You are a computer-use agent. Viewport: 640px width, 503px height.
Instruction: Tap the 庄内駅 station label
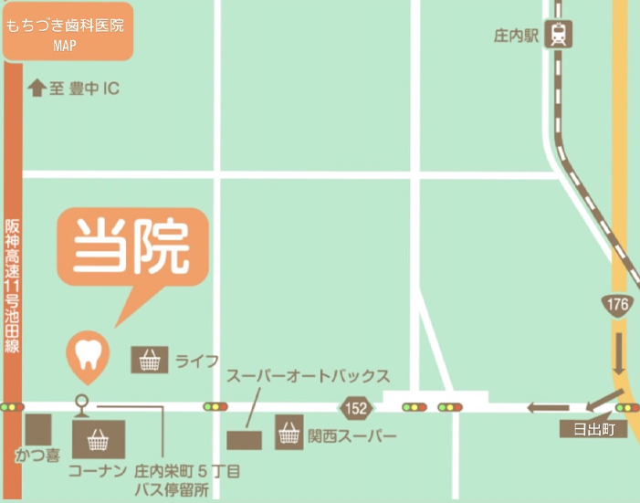pos(517,37)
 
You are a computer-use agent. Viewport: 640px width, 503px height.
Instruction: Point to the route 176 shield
pos(617,305)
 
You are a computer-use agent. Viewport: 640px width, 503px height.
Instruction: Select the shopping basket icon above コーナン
pos(98,440)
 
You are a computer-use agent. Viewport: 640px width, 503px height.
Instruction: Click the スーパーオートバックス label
pos(308,376)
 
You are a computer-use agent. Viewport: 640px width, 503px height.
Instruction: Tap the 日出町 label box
pos(593,430)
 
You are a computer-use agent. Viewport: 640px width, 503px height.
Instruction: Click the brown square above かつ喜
pos(38,429)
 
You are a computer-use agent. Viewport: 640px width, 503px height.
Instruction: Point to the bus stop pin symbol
pos(82,403)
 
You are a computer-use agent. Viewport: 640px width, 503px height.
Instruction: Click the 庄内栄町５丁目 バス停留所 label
pos(186,480)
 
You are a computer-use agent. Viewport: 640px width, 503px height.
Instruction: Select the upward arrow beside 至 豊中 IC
pos(37,88)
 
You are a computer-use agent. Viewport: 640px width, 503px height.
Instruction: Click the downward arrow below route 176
pos(618,352)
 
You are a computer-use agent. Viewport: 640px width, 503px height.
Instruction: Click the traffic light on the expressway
pos(11,406)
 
